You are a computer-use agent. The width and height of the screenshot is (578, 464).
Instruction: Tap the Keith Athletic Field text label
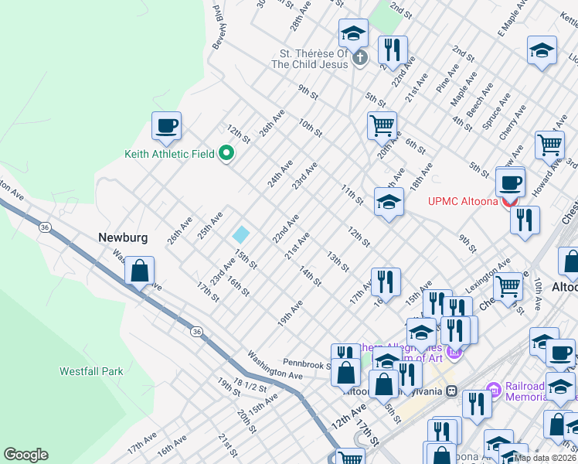(169, 154)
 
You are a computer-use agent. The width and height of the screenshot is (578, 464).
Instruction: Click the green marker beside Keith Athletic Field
(226, 153)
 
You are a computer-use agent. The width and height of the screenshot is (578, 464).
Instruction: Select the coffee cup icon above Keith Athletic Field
(166, 125)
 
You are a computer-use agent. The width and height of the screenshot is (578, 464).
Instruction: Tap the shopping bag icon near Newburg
(139, 271)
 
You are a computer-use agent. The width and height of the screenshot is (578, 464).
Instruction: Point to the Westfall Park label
(91, 371)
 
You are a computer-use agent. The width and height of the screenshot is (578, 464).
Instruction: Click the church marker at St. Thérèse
(359, 58)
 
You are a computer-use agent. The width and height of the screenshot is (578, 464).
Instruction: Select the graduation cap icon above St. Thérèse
(353, 33)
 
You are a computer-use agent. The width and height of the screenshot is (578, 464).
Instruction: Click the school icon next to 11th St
(389, 203)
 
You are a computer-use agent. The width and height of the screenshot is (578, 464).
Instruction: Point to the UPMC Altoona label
(464, 202)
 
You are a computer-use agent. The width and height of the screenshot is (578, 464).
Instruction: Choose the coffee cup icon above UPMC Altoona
(509, 183)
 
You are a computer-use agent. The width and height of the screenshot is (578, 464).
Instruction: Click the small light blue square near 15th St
(242, 234)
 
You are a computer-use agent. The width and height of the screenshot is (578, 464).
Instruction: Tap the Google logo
(25, 455)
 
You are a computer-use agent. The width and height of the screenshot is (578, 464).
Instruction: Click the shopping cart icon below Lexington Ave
(508, 286)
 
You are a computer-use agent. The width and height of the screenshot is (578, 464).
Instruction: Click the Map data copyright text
(545, 457)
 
